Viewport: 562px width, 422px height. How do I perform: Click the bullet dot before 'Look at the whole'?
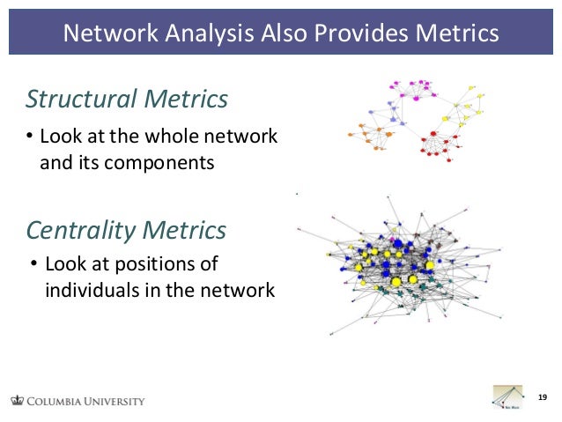click(x=28, y=137)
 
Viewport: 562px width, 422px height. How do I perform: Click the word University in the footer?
click(x=111, y=402)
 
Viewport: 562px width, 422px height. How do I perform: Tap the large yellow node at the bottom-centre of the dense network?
click(x=396, y=282)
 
